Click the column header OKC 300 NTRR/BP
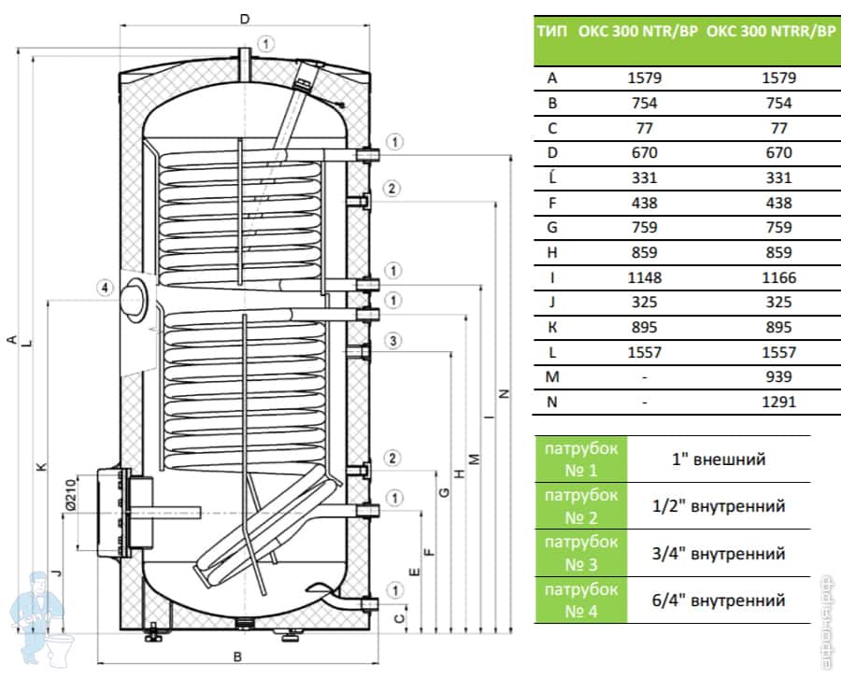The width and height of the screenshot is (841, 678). click(x=771, y=30)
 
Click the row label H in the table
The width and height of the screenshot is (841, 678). click(x=552, y=252)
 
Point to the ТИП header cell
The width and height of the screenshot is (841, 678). click(x=552, y=30)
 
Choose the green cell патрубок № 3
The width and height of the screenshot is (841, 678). click(x=580, y=552)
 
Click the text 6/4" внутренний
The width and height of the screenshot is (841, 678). click(x=718, y=600)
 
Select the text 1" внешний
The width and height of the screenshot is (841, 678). click(x=718, y=459)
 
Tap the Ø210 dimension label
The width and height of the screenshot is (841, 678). click(x=70, y=501)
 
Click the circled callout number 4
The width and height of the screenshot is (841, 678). click(x=107, y=287)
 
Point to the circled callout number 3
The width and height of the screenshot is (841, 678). click(x=394, y=341)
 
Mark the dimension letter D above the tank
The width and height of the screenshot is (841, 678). click(x=244, y=19)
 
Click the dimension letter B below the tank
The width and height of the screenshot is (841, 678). click(x=237, y=657)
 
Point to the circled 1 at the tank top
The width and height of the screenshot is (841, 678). click(x=267, y=43)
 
